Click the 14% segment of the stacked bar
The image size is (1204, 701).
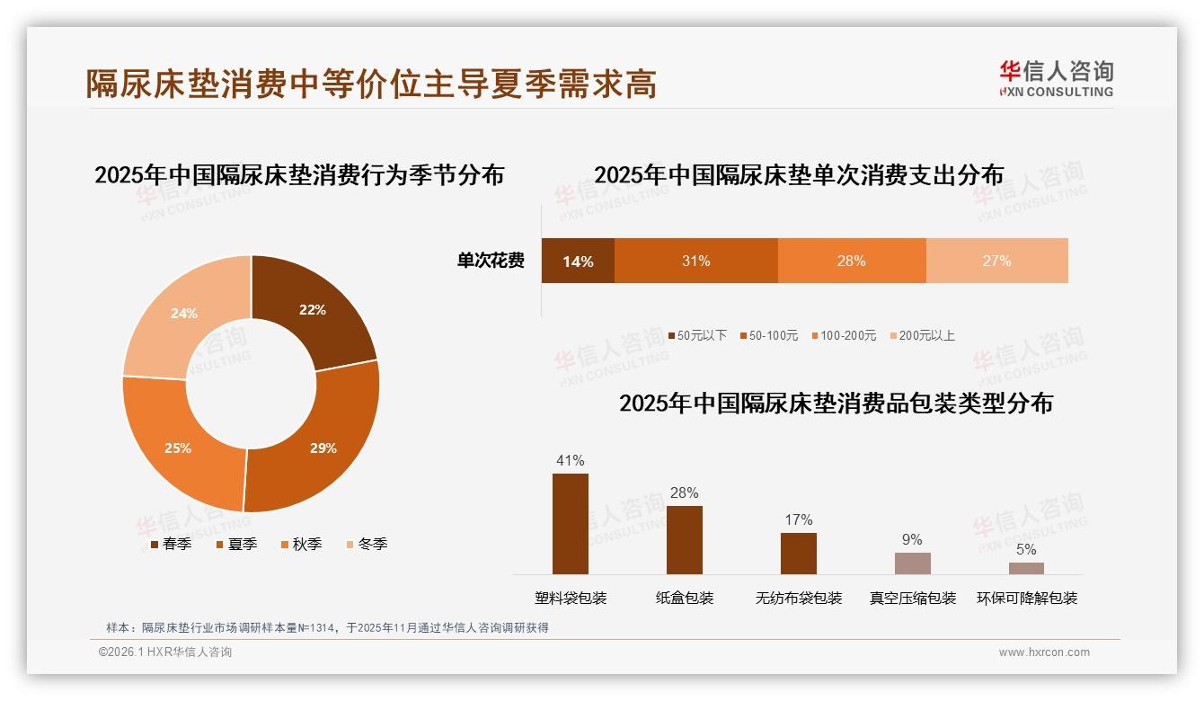pos(578,262)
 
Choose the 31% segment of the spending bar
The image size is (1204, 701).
pos(695,262)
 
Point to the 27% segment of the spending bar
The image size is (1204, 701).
pos(996,262)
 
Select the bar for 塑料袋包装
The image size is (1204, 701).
pos(571,524)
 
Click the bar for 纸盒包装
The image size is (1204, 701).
pos(685,540)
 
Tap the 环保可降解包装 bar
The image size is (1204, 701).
pos(1026,568)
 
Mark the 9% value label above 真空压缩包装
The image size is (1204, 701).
pos(912,540)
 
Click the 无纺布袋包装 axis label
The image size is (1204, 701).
pos(799,599)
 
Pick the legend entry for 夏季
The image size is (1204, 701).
pos(237,545)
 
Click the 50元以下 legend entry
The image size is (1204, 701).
pos(697,336)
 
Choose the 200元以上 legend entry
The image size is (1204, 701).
pos(922,336)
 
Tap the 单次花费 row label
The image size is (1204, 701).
pos(491,262)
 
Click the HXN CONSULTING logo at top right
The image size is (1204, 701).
pos(1056,79)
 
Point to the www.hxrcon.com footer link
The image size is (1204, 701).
pos(1044,652)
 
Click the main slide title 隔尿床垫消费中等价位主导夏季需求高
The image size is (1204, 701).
pos(371,84)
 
